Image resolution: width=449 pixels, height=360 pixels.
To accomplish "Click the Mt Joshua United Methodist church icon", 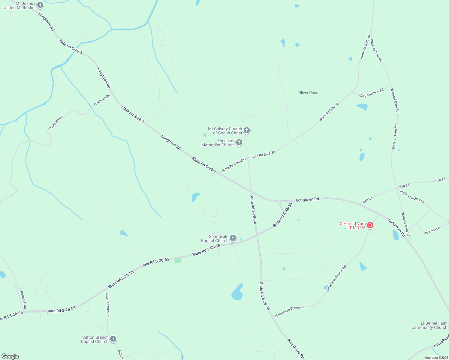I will pyautogui.click(x=40, y=5).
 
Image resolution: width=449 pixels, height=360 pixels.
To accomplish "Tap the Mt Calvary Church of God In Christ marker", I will pyautogui.click(x=246, y=130).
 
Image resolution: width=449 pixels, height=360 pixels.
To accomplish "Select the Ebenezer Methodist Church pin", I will pyautogui.click(x=239, y=142).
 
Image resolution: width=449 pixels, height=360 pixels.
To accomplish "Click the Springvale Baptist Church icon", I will pyautogui.click(x=233, y=238).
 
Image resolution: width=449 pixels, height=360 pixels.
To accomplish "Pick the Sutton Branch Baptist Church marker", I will pyautogui.click(x=113, y=339).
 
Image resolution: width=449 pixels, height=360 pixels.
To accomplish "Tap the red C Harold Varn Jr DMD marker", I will pyautogui.click(x=370, y=225).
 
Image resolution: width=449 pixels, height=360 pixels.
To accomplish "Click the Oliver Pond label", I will pyautogui.click(x=308, y=93).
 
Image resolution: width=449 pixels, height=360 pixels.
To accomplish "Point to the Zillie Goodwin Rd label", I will pyautogui.click(x=371, y=93).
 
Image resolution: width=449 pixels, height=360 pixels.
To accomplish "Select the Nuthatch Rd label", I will pyautogui.click(x=23, y=300).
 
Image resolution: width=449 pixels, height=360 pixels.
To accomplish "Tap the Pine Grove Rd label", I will pyautogui.click(x=295, y=348).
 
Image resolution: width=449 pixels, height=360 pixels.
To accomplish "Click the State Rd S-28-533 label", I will pyautogui.click(x=234, y=165).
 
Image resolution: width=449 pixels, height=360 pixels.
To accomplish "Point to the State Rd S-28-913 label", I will pyautogui.click(x=412, y=196).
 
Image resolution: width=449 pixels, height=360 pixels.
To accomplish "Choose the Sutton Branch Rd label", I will pyautogui.click(x=107, y=304).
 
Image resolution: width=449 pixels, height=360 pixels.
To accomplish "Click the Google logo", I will pyautogui.click(x=10, y=356).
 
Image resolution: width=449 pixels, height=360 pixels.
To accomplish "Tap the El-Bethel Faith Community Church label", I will pyautogui.click(x=429, y=325).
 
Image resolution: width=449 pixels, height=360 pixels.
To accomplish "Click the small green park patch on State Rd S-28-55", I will pyautogui.click(x=178, y=260).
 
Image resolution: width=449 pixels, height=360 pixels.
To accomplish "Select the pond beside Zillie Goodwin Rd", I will pyautogui.click(x=362, y=106).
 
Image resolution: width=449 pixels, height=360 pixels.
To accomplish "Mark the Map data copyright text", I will pyautogui.click(x=436, y=358).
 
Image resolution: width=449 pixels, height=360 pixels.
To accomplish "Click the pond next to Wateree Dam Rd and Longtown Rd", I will pyautogui.click(x=396, y=235).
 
